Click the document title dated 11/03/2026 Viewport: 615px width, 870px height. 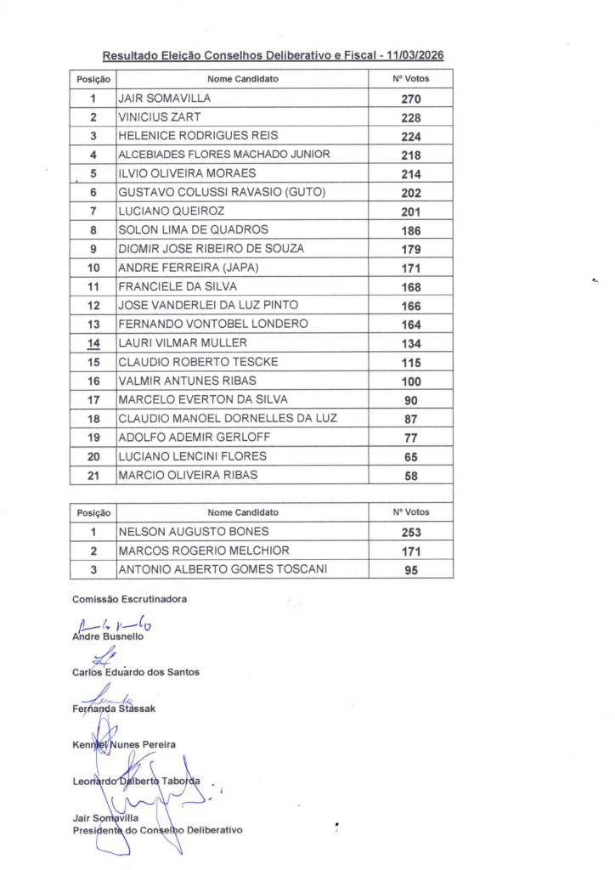tap(273, 56)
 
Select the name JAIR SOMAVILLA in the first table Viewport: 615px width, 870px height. tap(164, 99)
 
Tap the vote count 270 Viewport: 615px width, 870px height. tap(411, 99)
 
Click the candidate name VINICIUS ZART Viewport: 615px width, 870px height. tap(160, 117)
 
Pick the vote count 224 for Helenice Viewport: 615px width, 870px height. tap(411, 136)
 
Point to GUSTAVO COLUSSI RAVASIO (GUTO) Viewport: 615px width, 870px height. tap(222, 192)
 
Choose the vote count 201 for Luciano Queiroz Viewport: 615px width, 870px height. tap(411, 211)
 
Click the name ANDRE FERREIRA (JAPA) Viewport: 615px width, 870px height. tap(188, 268)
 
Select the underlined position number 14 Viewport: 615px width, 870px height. tap(94, 343)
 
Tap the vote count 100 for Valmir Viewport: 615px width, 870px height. tap(411, 381)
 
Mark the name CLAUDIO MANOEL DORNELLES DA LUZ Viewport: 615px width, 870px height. tap(228, 418)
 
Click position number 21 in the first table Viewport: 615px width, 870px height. tap(94, 475)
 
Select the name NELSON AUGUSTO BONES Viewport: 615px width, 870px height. tap(182, 532)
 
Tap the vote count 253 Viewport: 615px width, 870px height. tap(411, 532)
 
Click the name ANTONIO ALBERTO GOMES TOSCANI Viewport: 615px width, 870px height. tap(222, 569)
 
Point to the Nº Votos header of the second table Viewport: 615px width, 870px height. tap(411, 512)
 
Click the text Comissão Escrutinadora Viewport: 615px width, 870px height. tap(129, 599)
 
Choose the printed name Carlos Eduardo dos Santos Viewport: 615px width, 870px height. tap(136, 672)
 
